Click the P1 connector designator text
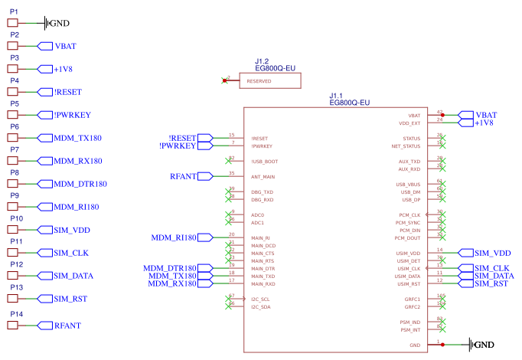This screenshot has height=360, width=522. point(14,12)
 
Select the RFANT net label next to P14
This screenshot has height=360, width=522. point(67,326)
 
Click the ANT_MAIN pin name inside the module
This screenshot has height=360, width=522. point(263,177)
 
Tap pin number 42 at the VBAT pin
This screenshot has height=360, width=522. point(439,111)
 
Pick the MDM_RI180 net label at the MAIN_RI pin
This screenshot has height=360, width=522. point(174,237)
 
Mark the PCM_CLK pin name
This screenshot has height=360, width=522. point(409,215)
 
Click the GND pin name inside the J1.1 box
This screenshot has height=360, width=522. point(415,345)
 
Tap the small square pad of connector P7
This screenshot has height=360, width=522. point(12,161)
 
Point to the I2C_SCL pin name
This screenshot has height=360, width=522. point(260,299)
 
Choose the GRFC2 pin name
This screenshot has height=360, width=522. point(412,307)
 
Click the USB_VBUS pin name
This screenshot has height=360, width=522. point(408,185)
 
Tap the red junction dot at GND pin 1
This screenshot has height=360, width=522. point(442,345)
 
